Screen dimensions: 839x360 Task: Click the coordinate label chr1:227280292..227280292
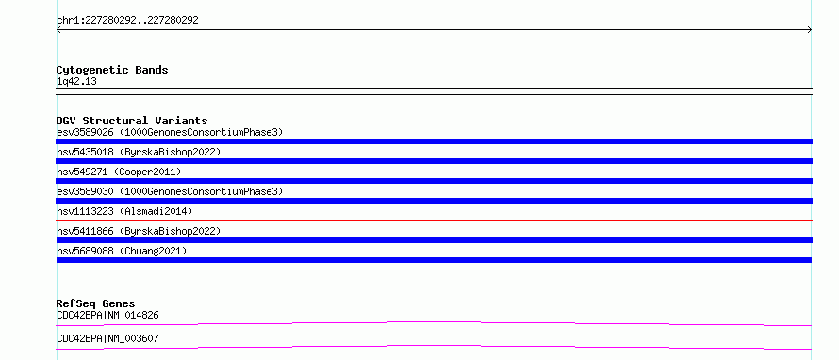pyautogui.click(x=127, y=21)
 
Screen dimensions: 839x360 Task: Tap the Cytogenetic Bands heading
pyautogui.click(x=112, y=70)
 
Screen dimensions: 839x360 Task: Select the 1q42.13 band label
pyautogui.click(x=76, y=82)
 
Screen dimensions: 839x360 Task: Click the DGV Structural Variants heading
pyautogui.click(x=132, y=121)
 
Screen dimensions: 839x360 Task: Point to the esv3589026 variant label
pyautogui.click(x=170, y=132)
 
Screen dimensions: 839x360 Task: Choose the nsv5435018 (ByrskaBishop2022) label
pyautogui.click(x=139, y=152)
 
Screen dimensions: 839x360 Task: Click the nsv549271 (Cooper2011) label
pyautogui.click(x=119, y=172)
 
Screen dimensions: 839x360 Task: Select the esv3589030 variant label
pyautogui.click(x=170, y=191)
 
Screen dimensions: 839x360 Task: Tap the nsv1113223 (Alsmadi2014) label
pyautogui.click(x=124, y=211)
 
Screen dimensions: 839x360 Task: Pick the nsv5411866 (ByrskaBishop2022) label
pyautogui.click(x=139, y=231)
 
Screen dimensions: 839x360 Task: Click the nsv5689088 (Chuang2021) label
pyautogui.click(x=122, y=251)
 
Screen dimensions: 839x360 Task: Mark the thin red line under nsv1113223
pyautogui.click(x=434, y=220)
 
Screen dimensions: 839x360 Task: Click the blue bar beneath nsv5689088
pyautogui.click(x=434, y=260)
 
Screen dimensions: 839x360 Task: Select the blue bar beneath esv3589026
pyautogui.click(x=434, y=141)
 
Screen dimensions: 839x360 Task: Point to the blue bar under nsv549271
pyautogui.click(x=434, y=181)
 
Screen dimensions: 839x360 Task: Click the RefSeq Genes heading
pyautogui.click(x=96, y=303)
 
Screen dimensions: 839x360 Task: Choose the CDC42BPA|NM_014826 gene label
pyautogui.click(x=107, y=315)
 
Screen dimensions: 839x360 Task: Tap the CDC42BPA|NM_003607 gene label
pyautogui.click(x=107, y=338)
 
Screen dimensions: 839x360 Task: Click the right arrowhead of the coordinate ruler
pyautogui.click(x=811, y=30)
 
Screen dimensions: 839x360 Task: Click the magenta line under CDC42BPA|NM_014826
pyautogui.click(x=434, y=322)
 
